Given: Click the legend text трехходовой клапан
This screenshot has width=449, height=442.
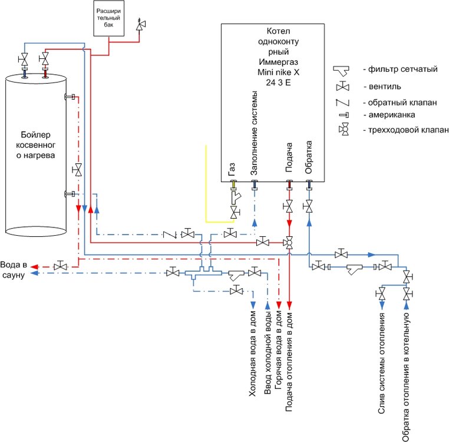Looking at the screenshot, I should point(407,130).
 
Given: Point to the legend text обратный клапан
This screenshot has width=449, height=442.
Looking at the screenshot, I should point(400,102).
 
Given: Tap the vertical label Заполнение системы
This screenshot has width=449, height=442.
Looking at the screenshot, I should point(255,133).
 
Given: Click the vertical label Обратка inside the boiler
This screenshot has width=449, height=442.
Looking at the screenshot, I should point(308,158).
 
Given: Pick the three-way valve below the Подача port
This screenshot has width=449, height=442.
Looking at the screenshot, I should point(289,242).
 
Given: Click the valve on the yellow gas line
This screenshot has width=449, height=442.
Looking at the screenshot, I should point(235,211).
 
